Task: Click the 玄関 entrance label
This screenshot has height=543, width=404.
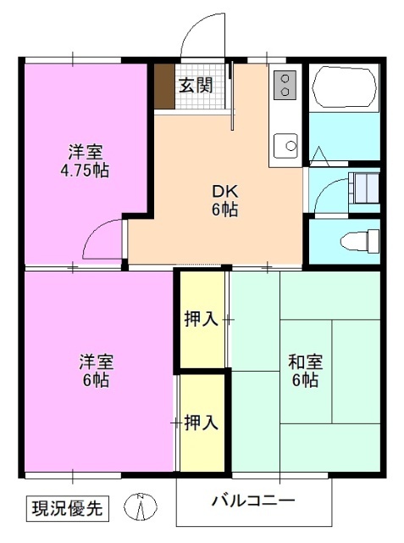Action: click(195, 85)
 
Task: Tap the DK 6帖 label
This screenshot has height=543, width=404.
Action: click(224, 199)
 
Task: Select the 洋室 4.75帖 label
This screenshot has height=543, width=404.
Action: click(85, 161)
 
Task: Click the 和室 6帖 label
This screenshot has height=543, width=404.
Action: click(304, 371)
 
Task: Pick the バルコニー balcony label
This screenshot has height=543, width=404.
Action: click(253, 500)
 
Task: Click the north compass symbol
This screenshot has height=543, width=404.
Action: click(141, 507)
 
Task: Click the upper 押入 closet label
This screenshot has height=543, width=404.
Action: click(201, 319)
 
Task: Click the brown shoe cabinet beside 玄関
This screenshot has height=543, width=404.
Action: click(163, 86)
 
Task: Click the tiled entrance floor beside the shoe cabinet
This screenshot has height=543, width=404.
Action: click(204, 101)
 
